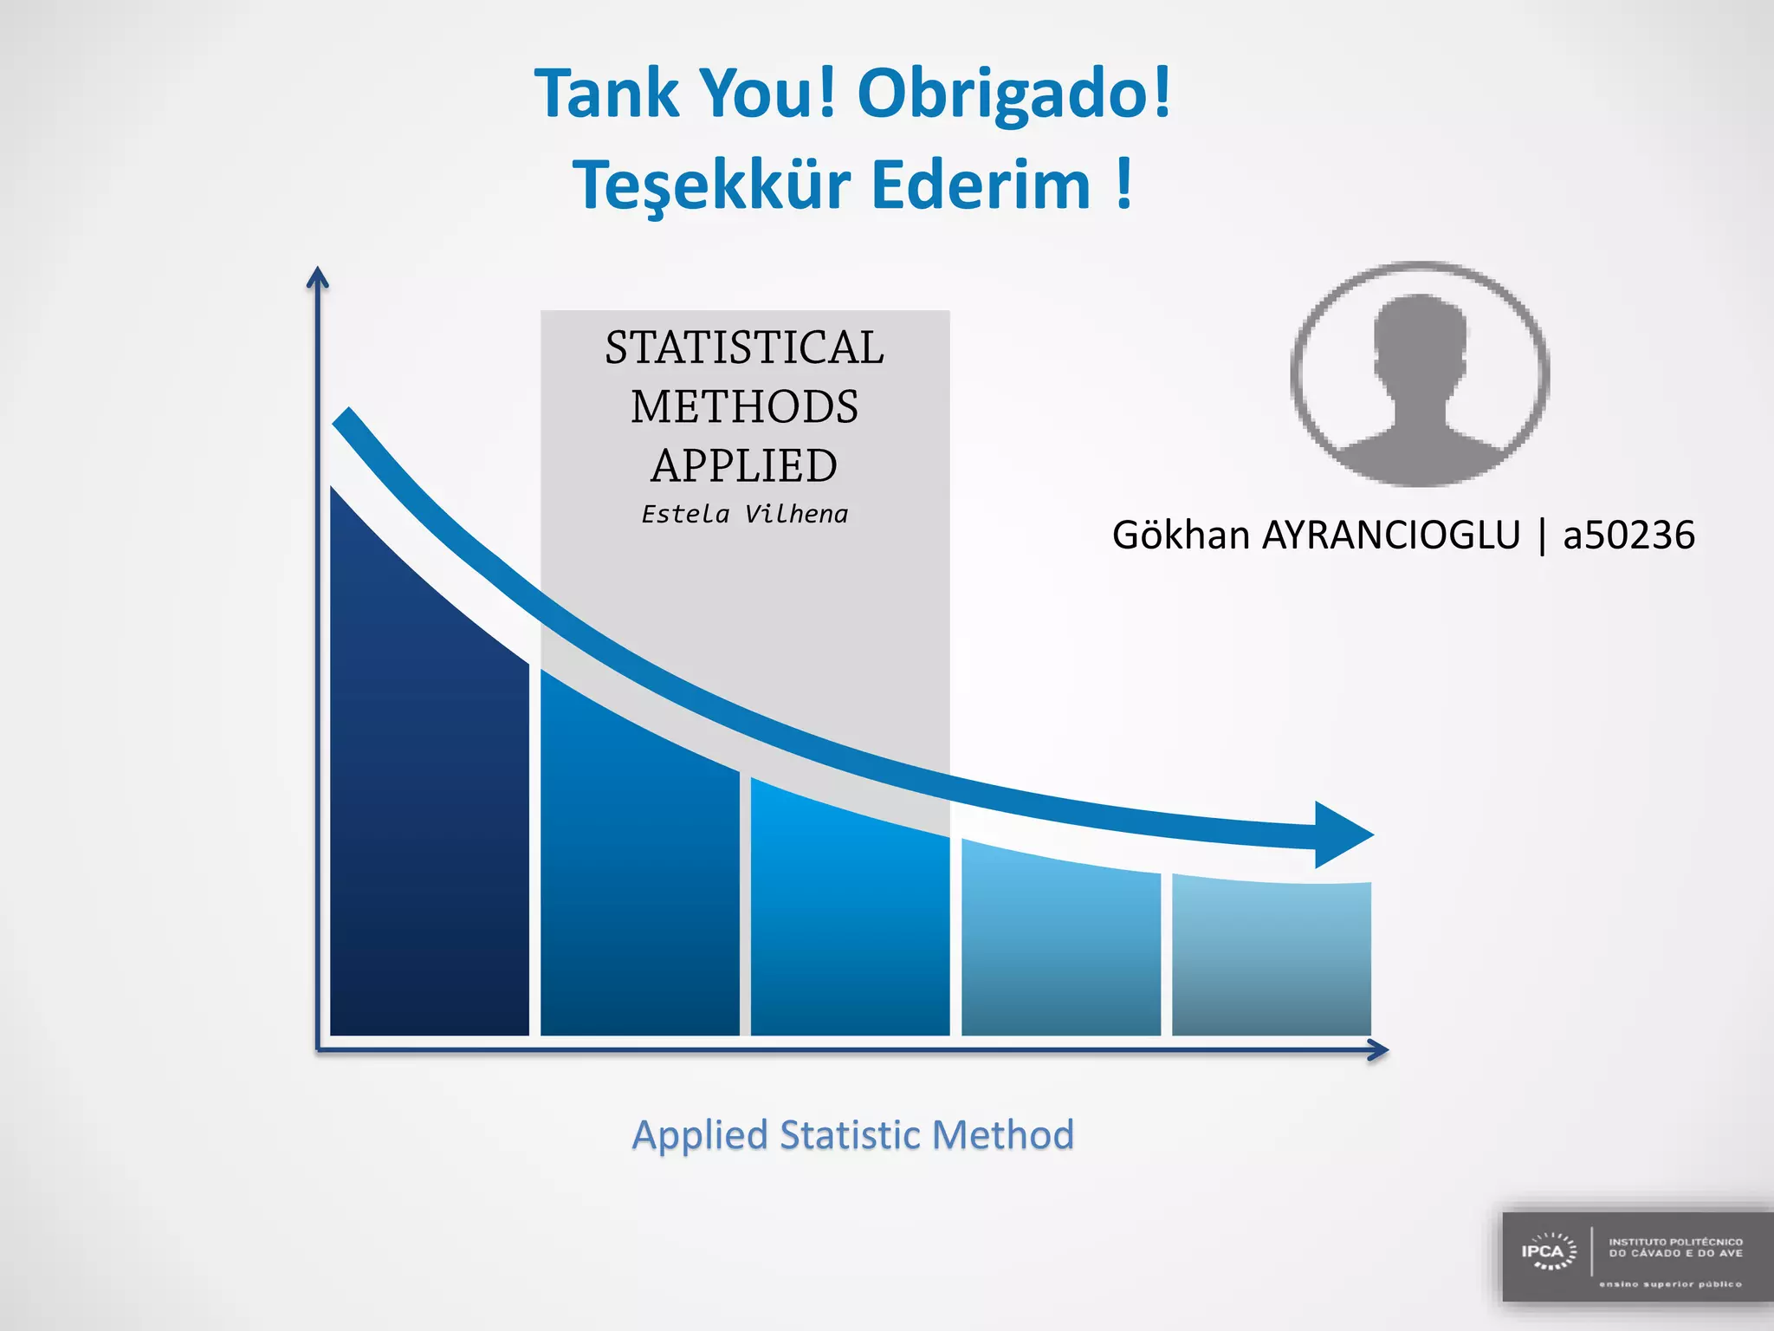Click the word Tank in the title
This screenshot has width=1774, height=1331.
coord(607,94)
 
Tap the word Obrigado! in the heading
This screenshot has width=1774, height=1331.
coord(1013,94)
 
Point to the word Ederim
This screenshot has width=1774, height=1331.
coord(981,185)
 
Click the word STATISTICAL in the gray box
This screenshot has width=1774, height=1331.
coord(744,348)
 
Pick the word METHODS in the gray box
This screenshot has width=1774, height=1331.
coord(744,407)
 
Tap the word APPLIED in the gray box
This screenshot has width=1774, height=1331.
coord(744,466)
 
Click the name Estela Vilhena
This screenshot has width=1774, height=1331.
coord(744,515)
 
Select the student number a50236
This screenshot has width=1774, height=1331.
coord(1628,536)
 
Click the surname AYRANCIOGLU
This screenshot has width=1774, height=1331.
coord(1390,536)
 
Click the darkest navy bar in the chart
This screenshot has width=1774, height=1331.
coord(429,823)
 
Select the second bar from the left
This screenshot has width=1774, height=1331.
coord(639,884)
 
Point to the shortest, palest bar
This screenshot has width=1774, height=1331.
coord(1271,962)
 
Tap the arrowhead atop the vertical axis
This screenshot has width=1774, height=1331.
coord(318,277)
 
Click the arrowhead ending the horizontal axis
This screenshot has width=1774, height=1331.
coord(1378,1050)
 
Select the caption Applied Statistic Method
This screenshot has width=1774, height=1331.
coord(853,1135)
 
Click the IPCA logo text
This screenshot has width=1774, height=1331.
coord(1543,1251)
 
